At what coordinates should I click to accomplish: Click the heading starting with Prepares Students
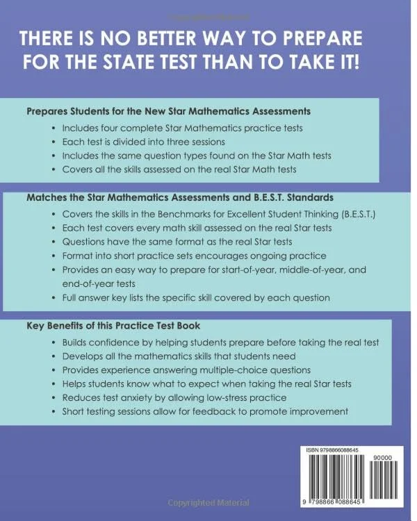tap(167, 110)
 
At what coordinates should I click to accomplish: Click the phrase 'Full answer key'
tap(95, 298)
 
